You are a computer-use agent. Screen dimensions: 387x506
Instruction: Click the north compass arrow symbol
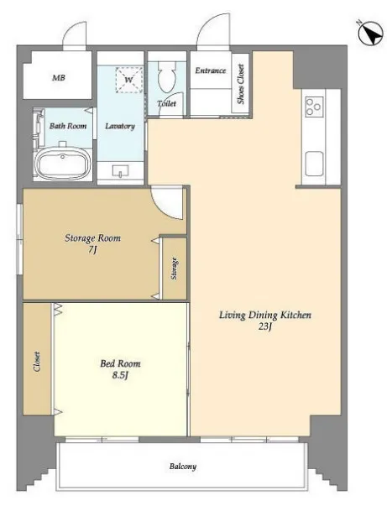pyautogui.click(x=370, y=34)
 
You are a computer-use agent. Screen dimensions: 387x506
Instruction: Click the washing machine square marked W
pyautogui.click(x=129, y=80)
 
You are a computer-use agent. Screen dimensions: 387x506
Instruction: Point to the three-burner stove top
pyautogui.click(x=315, y=107)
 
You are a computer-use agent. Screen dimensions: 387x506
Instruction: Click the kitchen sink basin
pyautogui.click(x=314, y=164)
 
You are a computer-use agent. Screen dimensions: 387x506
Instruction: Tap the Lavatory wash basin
pyautogui.click(x=120, y=170)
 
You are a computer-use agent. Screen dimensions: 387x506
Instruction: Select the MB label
pyautogui.click(x=59, y=77)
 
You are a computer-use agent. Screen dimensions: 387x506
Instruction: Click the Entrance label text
pyautogui.click(x=211, y=70)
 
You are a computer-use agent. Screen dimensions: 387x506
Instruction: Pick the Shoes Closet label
pyautogui.click(x=241, y=84)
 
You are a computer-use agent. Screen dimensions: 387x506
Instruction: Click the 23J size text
pyautogui.click(x=264, y=326)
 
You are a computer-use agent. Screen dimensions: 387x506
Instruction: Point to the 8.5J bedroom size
pyautogui.click(x=120, y=375)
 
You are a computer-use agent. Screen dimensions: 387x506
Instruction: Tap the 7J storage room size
pyautogui.click(x=92, y=249)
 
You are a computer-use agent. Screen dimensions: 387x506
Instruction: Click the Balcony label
pyautogui.click(x=183, y=467)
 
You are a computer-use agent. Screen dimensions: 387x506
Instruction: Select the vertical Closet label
pyautogui.click(x=37, y=362)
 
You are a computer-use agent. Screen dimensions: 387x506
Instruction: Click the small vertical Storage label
pyautogui.click(x=175, y=269)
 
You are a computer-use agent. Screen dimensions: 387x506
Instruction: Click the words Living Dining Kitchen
pyautogui.click(x=265, y=316)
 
